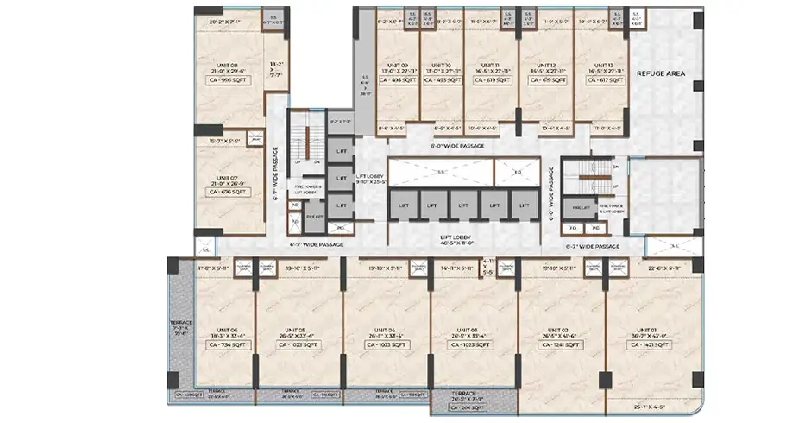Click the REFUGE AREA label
(660, 74)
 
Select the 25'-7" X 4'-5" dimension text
(653, 405)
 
